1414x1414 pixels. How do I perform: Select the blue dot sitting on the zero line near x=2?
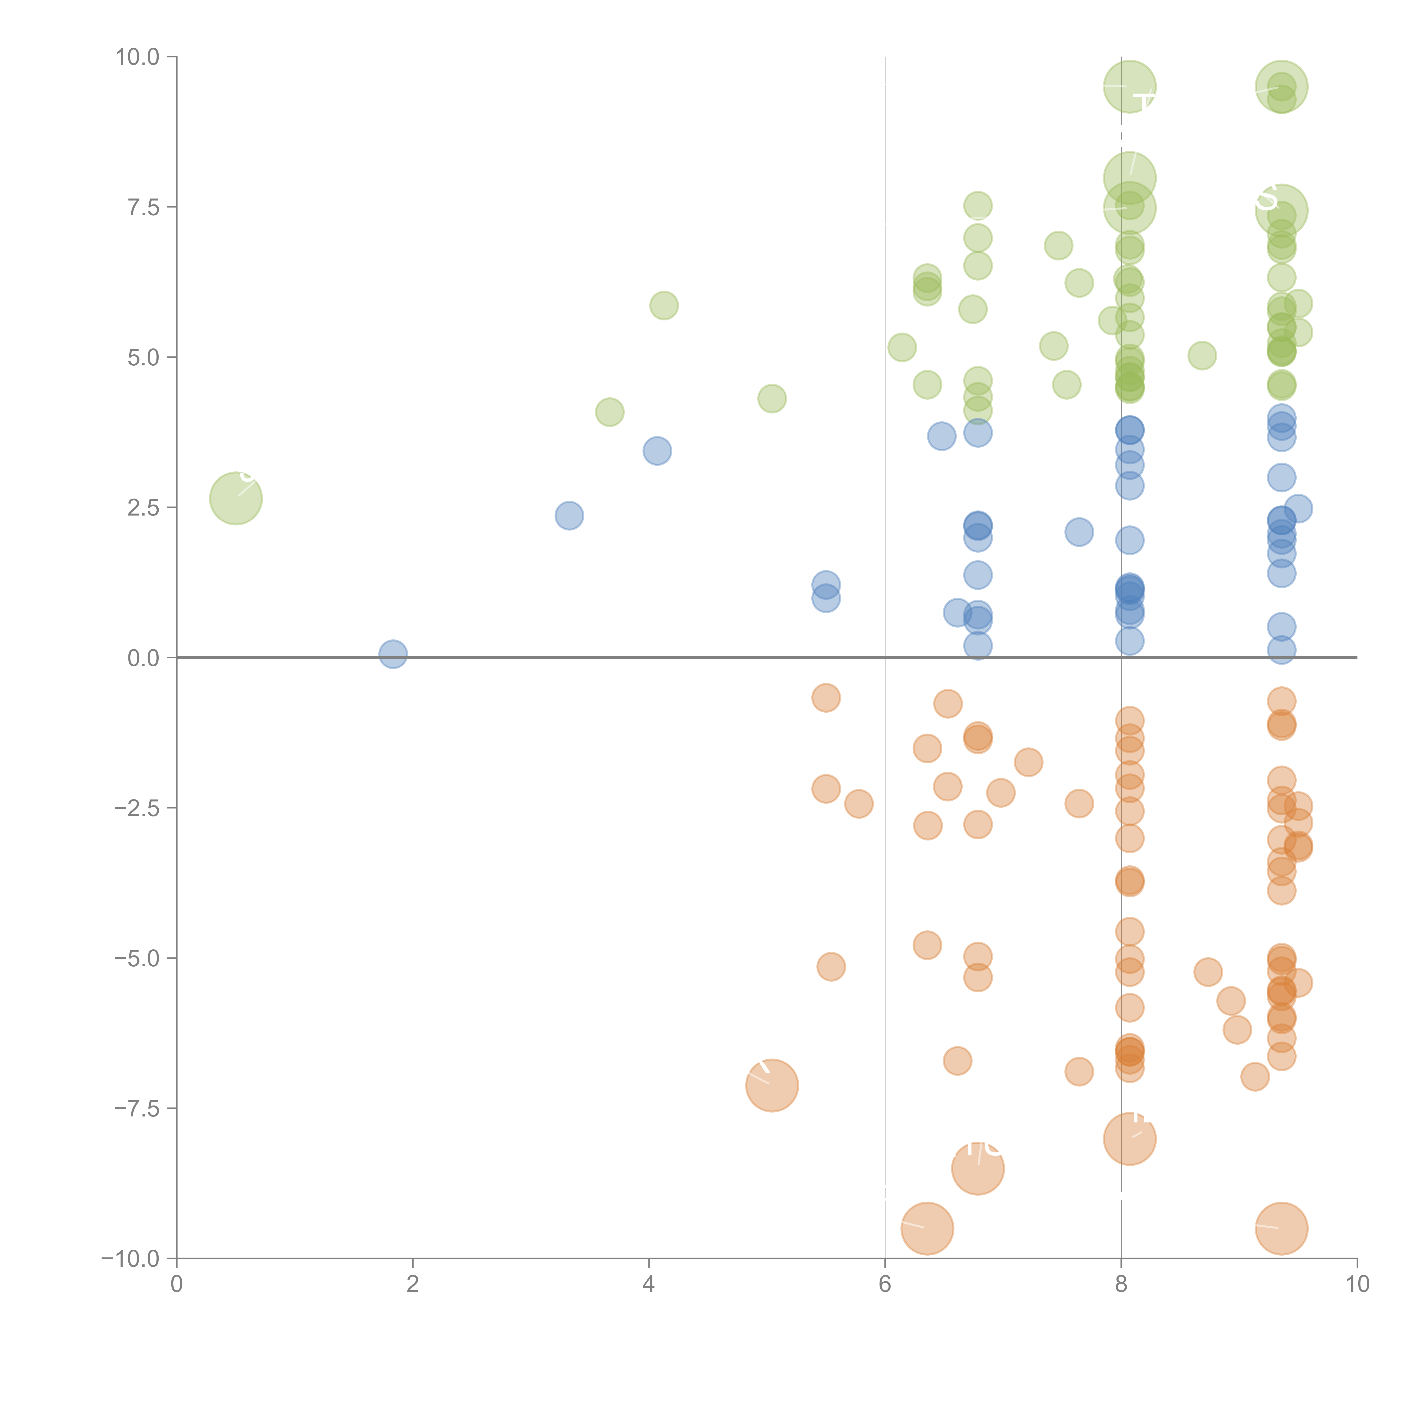(393, 654)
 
